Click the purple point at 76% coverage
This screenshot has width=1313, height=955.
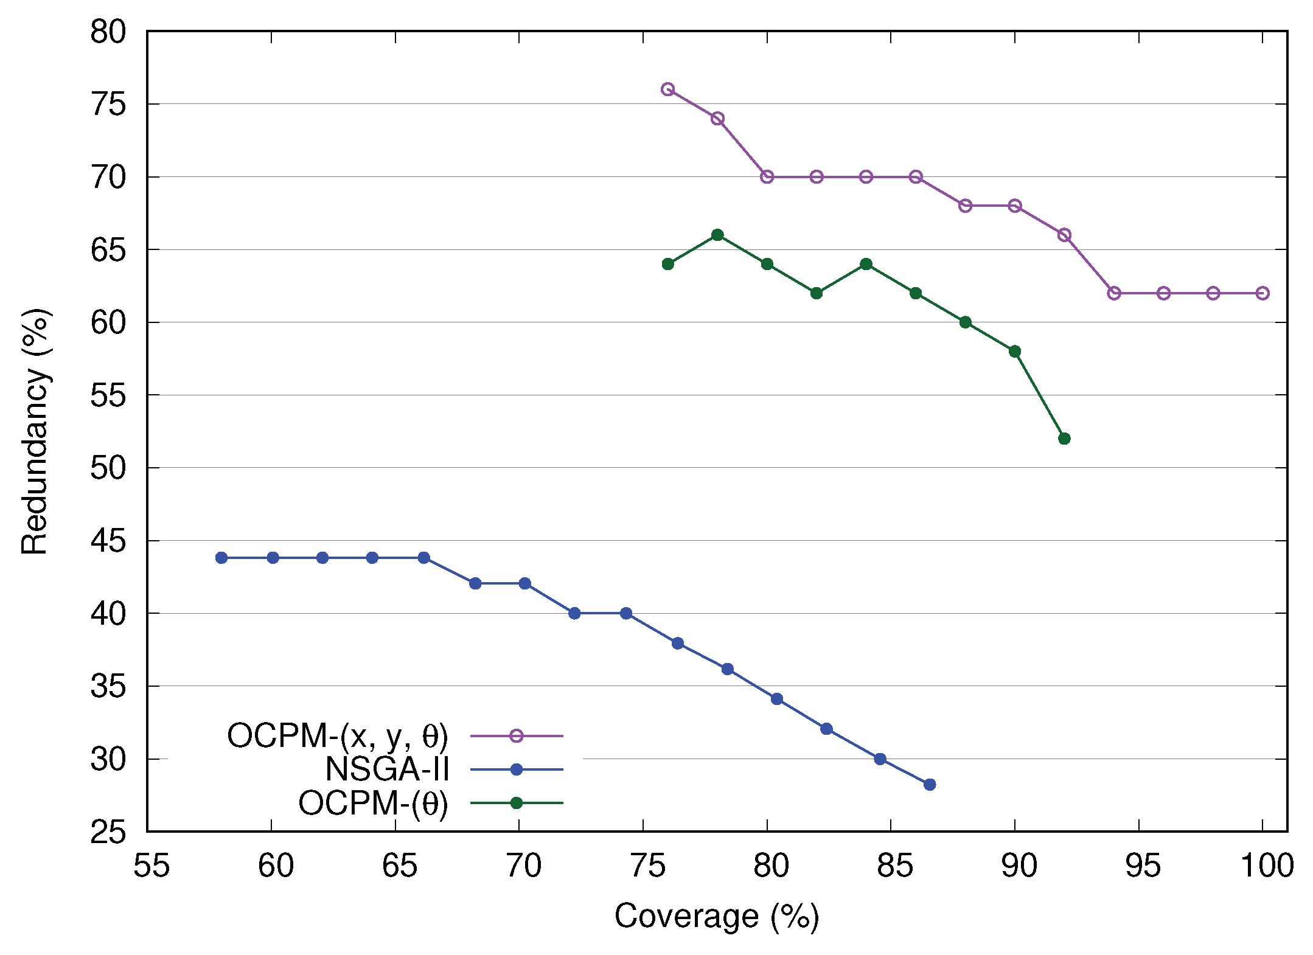pos(667,89)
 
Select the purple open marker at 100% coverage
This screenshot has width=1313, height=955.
pos(1262,293)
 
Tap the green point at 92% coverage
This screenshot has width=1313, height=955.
pos(1064,439)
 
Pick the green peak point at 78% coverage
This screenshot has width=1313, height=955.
pos(717,235)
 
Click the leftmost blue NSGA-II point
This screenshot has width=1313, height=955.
pos(221,558)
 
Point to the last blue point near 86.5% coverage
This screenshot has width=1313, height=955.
pos(930,785)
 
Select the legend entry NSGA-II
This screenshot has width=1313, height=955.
pos(387,769)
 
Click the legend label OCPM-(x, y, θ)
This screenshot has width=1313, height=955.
pos(338,736)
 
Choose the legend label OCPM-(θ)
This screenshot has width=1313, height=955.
pos(373,804)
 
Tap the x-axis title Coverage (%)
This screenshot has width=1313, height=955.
pos(717,916)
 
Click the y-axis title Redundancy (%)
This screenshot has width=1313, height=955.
pos(35,432)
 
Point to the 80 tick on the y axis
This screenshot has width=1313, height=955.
pos(108,32)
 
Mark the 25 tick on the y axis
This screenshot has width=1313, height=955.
pos(108,832)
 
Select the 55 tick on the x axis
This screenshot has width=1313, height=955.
pos(151,866)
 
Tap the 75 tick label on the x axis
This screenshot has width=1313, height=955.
pos(647,866)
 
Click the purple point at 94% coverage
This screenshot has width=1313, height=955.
pos(1114,293)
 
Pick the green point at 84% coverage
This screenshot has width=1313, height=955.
pos(866,264)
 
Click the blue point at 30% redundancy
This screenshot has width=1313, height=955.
pos(880,759)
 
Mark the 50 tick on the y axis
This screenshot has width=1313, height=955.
pos(108,468)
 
